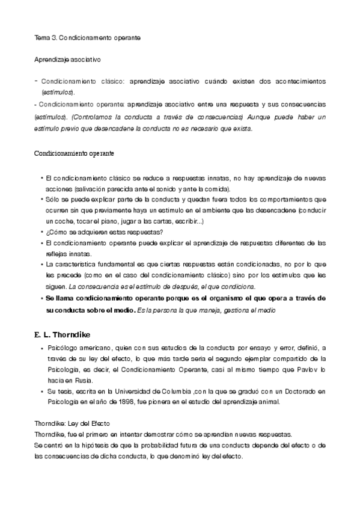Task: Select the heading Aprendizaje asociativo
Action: click(67, 60)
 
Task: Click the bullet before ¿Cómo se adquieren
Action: click(41, 233)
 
